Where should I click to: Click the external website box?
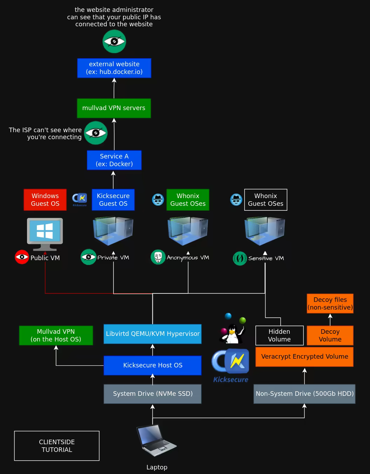pos(114,68)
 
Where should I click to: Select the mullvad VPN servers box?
pos(114,108)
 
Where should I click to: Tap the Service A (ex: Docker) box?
pos(114,160)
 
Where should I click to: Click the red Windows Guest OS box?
pos(45,200)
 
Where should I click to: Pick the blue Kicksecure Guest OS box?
pos(113,200)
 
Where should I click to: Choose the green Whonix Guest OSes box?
pos(188,200)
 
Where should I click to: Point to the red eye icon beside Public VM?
pos(22,257)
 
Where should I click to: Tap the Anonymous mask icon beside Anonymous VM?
pos(158,257)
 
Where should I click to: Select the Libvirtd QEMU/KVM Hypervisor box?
pos(153,334)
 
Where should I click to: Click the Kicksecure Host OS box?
pos(153,365)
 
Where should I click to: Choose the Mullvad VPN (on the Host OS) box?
pos(56,336)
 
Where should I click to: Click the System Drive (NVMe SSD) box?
pos(153,394)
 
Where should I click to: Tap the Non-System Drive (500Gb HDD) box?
pos(304,394)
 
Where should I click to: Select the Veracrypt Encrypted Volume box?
pos(304,357)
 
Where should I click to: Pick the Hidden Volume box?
pos(279,336)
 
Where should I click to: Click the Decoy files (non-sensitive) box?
pos(330,304)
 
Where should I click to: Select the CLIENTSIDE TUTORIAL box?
pos(57,446)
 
